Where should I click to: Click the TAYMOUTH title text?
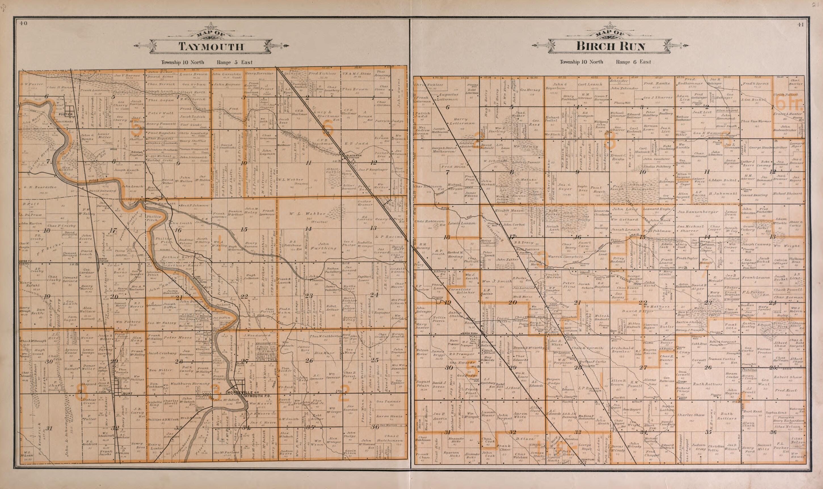[211, 47]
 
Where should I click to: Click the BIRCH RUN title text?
[610, 47]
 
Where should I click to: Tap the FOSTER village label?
[67, 114]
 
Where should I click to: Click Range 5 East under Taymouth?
[235, 62]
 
